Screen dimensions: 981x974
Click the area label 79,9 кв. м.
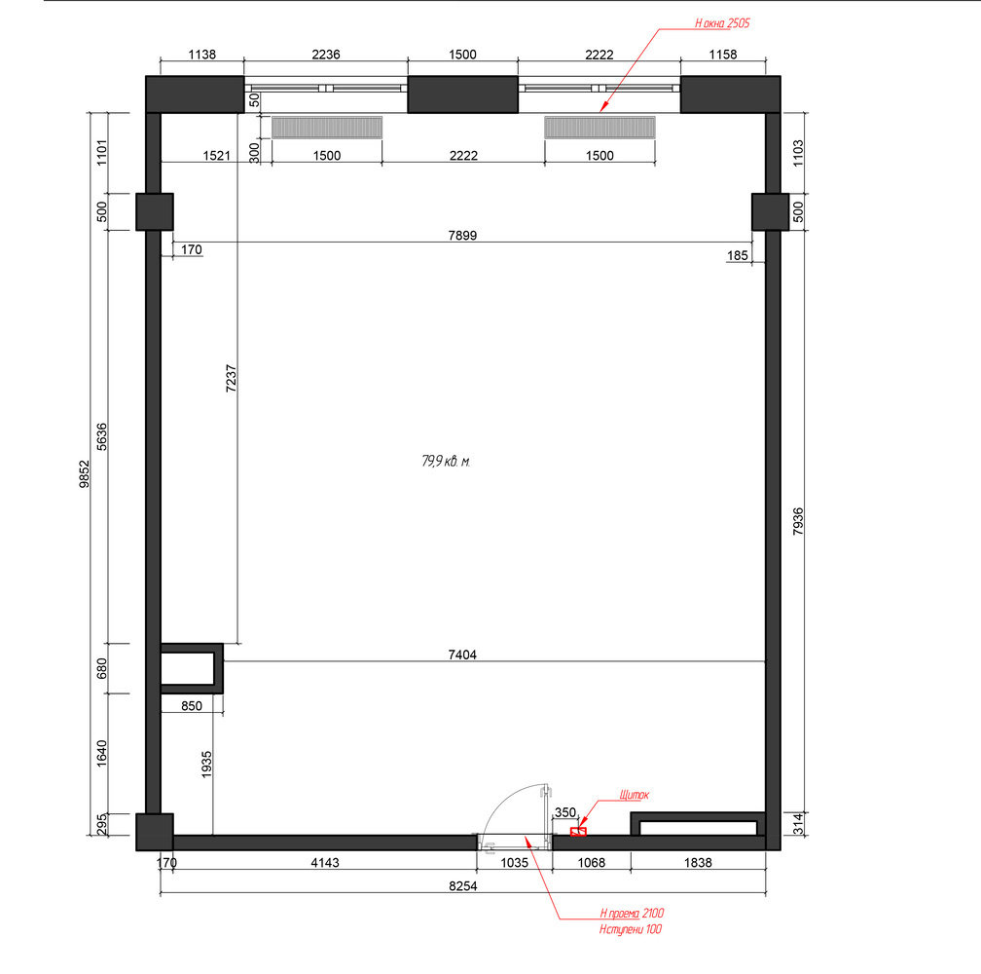(446, 462)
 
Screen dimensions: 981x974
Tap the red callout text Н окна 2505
(722, 23)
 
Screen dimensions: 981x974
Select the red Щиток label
(634, 795)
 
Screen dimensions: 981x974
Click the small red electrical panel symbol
(578, 831)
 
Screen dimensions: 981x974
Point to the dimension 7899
(462, 236)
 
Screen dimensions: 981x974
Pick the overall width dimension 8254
(463, 885)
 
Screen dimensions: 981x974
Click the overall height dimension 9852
(85, 474)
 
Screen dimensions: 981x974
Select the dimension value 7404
(462, 655)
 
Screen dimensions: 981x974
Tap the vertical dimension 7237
(231, 379)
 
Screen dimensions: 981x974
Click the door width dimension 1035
(514, 863)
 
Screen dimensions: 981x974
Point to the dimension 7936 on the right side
(798, 521)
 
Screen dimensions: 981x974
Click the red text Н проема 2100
(632, 914)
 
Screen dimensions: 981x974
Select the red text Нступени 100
(630, 929)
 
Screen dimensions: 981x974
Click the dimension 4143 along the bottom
(325, 863)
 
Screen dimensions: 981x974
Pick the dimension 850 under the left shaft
(192, 706)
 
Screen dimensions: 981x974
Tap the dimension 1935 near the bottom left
(206, 765)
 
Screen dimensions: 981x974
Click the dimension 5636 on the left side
(101, 437)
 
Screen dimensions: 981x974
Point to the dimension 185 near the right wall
(737, 255)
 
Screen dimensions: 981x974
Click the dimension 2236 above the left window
(326, 55)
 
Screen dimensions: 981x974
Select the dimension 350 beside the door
(564, 812)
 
